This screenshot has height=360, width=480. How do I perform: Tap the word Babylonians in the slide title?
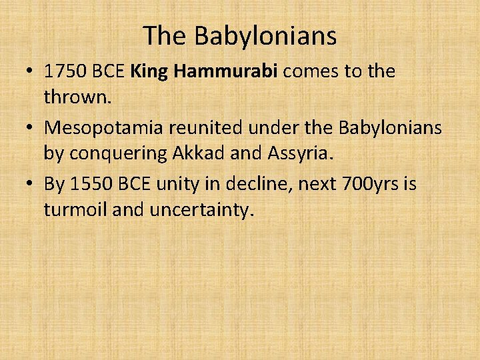click(265, 36)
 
